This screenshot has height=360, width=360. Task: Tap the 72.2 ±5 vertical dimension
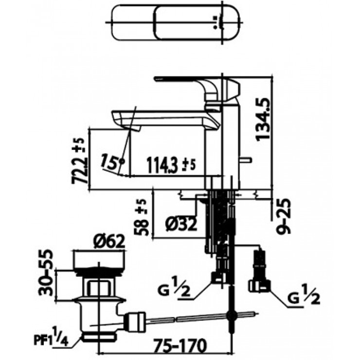(x=81, y=160)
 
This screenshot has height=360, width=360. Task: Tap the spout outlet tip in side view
(x=130, y=127)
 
